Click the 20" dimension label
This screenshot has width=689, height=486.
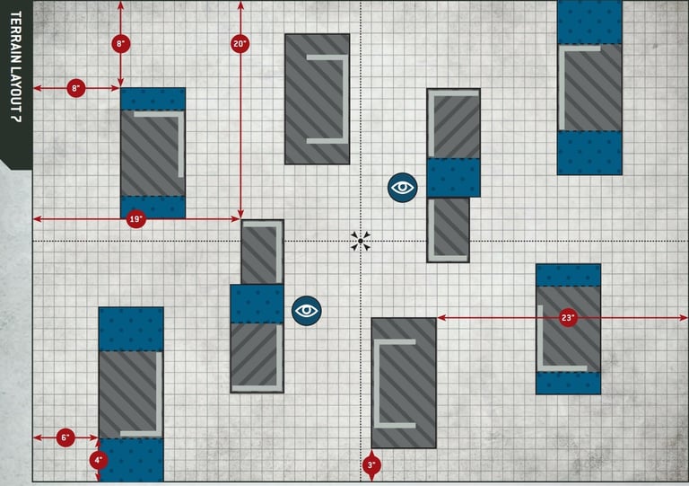coord(240,43)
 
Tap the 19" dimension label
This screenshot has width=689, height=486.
coord(135,219)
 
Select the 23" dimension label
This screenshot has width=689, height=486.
coord(567,318)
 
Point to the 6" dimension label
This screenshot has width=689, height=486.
coord(65,438)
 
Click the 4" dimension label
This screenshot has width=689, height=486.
coord(99,460)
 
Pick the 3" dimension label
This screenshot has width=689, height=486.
coord(371,464)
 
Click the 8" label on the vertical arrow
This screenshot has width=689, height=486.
coord(121,43)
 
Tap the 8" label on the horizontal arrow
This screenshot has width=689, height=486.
coord(76,88)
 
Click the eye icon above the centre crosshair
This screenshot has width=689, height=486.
coord(403,187)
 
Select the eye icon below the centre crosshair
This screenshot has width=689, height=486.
coord(307,310)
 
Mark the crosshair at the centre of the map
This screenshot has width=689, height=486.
coord(361,241)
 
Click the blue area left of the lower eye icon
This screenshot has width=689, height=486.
coord(257,304)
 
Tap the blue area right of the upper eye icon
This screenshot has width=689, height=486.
coord(453,177)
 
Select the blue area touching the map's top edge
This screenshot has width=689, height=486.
coord(589,22)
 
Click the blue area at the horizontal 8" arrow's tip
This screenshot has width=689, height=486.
coord(153,98)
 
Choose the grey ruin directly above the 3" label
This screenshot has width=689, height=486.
coord(404,382)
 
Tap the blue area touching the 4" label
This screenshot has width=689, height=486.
coord(131,460)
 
